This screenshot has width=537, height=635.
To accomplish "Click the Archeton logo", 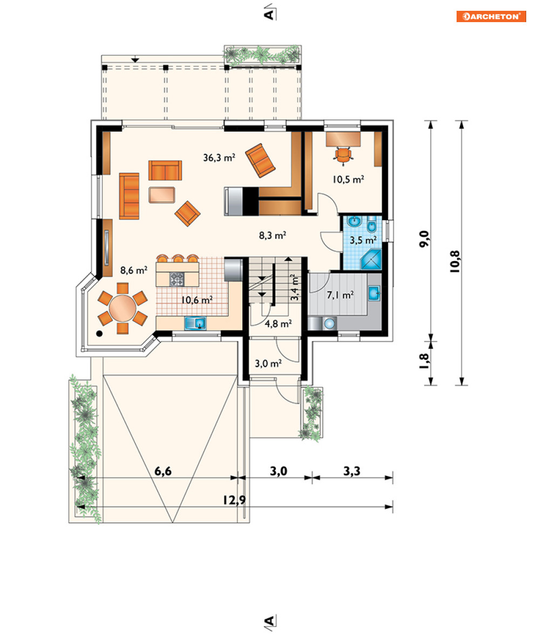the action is point(491,16).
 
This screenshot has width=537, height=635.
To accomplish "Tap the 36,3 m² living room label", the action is point(219,157).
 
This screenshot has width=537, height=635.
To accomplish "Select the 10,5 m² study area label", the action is point(348,179).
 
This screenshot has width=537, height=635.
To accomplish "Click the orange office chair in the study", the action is point(343,156).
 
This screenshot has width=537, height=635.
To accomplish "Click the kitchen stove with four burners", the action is point(176,279).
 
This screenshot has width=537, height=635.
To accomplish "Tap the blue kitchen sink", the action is point(195,323).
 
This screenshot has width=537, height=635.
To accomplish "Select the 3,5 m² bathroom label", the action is point(363,240).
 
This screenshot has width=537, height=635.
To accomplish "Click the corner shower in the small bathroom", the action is point(371,260).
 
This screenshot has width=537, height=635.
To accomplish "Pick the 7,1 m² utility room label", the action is point(340,295).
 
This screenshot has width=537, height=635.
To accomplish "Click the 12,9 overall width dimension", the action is point(234,500).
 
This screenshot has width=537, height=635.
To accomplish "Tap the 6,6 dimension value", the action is point(163,471).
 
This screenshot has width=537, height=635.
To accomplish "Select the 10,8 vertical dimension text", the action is point(455,261).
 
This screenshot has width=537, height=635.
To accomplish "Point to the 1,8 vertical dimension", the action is point(424,361).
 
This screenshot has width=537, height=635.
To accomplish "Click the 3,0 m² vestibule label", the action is point(268,364).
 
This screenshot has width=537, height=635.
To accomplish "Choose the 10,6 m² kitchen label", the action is point(197,300).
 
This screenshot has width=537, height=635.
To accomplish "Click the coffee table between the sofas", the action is point(161,195).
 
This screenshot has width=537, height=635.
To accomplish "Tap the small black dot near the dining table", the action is point(99,334).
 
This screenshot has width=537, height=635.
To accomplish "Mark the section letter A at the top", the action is point(269,14).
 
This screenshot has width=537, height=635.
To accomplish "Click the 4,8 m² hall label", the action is point(278,324).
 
